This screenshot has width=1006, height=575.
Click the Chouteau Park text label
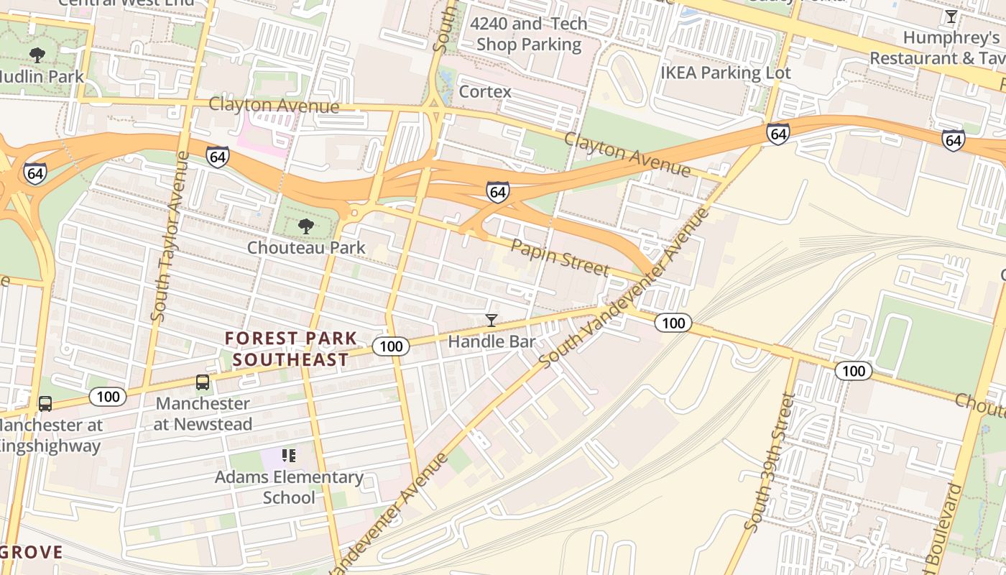tap(306, 247)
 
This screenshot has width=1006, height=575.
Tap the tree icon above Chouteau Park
tap(306, 226)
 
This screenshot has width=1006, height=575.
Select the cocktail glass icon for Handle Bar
tap(492, 321)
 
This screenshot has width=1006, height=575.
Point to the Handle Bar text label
tap(492, 341)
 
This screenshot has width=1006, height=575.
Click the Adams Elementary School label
tap(289, 487)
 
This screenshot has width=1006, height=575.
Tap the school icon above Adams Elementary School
tap(289, 455)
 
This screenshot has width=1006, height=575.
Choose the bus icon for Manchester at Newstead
tap(203, 382)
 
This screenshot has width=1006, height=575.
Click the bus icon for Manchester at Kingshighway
tap(45, 404)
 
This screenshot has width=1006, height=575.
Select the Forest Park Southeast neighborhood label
tap(290, 349)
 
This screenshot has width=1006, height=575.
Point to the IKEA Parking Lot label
tap(726, 73)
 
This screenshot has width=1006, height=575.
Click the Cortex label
tap(485, 92)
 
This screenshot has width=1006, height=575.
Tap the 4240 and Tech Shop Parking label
tap(529, 34)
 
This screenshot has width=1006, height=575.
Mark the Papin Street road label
tap(560, 258)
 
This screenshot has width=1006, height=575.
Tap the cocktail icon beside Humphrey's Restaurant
tap(951, 17)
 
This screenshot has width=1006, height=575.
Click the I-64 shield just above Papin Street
tap(497, 191)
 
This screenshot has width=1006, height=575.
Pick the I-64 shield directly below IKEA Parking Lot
tap(777, 134)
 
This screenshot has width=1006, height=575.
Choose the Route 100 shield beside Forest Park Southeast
tap(391, 346)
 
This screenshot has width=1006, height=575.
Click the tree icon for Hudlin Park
tap(37, 55)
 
